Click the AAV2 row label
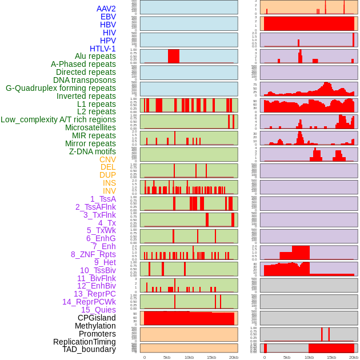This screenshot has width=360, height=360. click(x=106, y=9)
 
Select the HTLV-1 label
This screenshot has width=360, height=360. click(x=103, y=49)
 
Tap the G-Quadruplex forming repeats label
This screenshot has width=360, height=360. click(x=61, y=88)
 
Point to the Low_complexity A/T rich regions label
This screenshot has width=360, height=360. click(x=58, y=119)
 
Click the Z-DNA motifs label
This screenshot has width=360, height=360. click(x=93, y=151)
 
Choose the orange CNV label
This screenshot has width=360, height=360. click(x=107, y=159)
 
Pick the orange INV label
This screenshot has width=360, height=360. click(x=109, y=191)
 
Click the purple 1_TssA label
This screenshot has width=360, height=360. click(x=103, y=199)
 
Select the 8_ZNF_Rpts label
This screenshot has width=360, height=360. click(x=93, y=254)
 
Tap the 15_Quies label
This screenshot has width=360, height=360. click(x=98, y=310)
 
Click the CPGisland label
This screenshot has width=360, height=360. click(x=97, y=318)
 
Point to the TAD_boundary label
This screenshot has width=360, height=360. click(x=89, y=349)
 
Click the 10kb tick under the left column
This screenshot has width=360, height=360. click(x=189, y=357)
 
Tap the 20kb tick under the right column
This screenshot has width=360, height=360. click(x=354, y=357)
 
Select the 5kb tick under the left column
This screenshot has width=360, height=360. click(x=167, y=357)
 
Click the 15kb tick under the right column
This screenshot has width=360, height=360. click(x=331, y=357)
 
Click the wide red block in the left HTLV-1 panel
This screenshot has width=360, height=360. click(x=174, y=56)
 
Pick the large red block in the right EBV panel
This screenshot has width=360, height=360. click(x=309, y=24)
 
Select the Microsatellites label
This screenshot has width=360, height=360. click(x=90, y=127)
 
